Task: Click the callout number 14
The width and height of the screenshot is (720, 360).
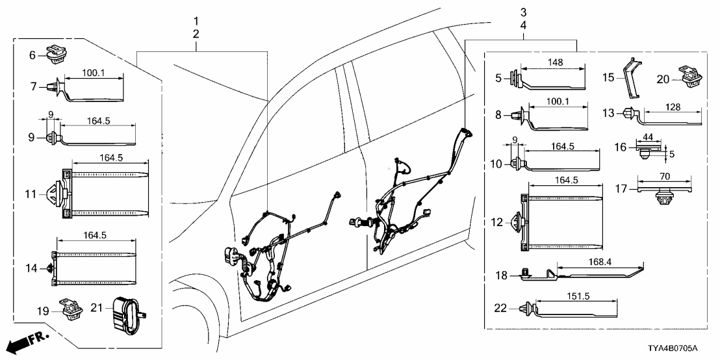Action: click(32, 267)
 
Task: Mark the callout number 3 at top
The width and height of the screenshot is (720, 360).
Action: click(523, 12)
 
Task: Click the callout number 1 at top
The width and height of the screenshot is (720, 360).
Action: click(196, 21)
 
